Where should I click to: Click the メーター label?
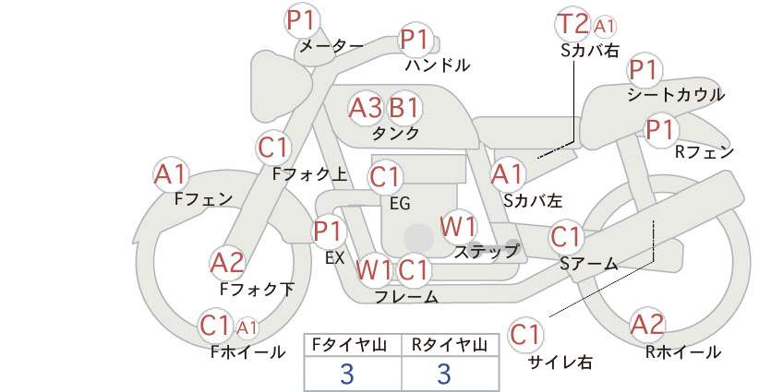point(331,46)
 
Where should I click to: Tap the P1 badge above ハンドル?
point(415,39)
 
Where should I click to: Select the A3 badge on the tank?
point(365,108)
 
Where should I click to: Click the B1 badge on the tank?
point(404,108)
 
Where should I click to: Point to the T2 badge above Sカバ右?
point(572,24)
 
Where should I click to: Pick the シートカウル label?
point(676,94)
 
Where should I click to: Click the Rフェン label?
point(705,152)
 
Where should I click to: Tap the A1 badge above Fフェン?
point(170,174)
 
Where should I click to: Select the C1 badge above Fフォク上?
point(273,148)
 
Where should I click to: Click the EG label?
point(400,204)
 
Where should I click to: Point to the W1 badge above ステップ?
point(458,226)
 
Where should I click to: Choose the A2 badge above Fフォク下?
point(227,264)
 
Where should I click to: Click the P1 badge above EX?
point(329,232)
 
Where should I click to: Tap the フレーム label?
point(406,297)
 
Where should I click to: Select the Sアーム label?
point(589,264)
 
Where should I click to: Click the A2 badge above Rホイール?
point(647,325)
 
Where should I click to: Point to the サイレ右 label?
point(560,362)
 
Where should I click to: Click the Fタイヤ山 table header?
point(352,345)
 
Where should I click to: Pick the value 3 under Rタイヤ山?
point(444,374)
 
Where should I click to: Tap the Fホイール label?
point(248,352)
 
